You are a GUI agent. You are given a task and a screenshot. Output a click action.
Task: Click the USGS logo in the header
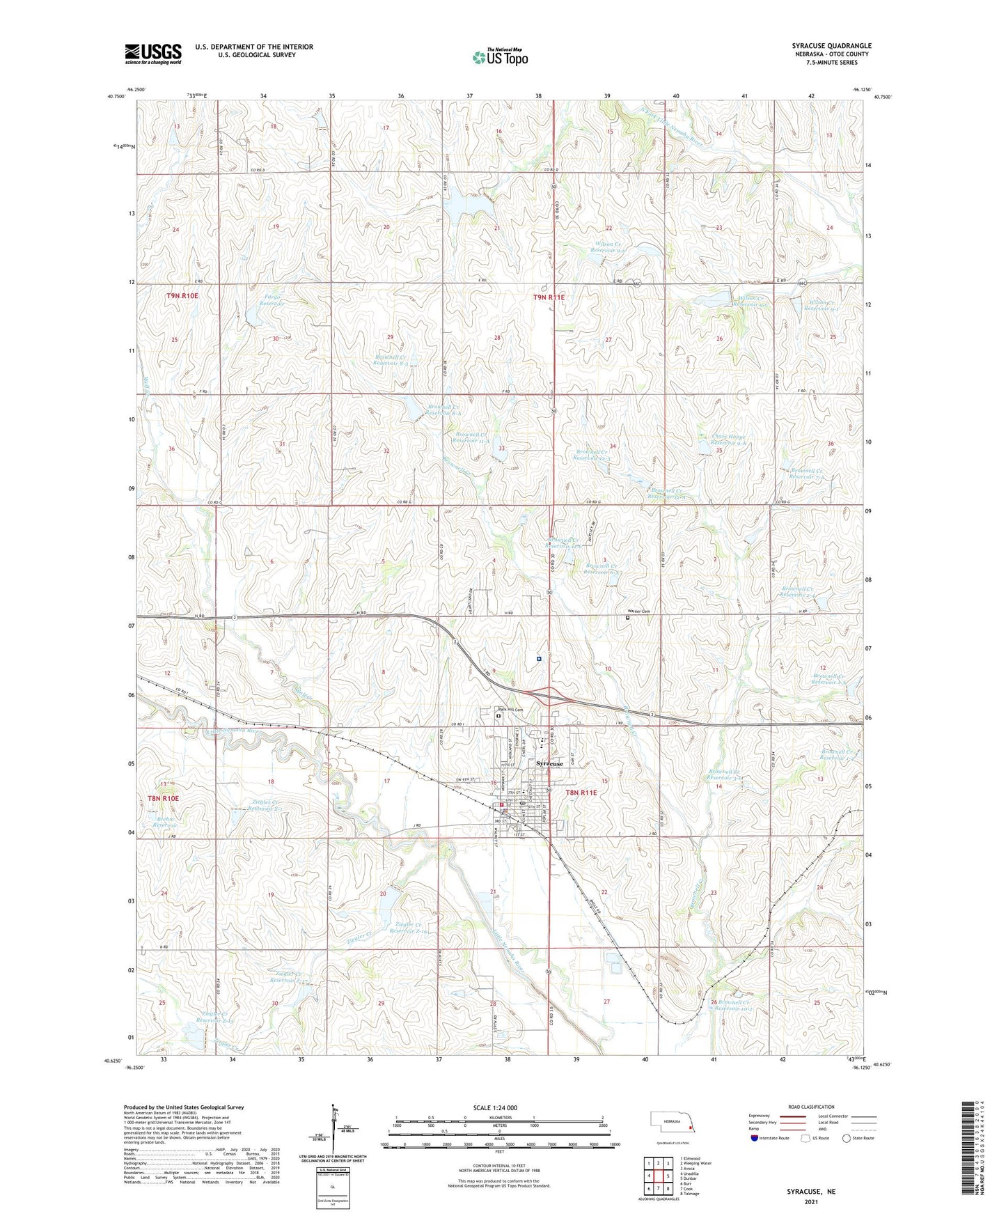(x=153, y=54)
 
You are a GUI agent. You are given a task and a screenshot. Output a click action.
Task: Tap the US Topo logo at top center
(x=499, y=57)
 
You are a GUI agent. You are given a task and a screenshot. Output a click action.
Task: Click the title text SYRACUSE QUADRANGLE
(x=831, y=46)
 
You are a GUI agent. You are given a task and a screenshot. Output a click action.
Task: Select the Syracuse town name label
(x=549, y=764)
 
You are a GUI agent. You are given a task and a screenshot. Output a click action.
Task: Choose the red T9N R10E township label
(x=182, y=296)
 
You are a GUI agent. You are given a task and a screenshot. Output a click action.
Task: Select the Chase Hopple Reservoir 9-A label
(x=729, y=440)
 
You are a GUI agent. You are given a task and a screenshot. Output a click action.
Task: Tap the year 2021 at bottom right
(x=811, y=1201)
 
